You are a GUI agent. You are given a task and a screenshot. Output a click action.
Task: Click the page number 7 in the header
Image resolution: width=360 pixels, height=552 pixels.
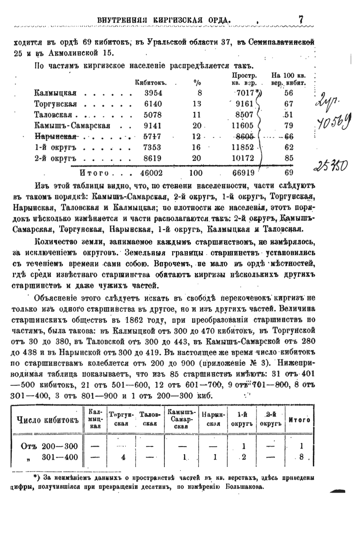point(301,19)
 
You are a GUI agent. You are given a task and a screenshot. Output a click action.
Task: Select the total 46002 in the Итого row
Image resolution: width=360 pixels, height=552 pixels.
point(151,173)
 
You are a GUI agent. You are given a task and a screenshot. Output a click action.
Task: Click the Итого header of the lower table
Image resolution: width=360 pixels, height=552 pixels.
point(299,420)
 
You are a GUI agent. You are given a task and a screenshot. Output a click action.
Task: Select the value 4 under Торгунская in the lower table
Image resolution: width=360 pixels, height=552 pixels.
point(123,457)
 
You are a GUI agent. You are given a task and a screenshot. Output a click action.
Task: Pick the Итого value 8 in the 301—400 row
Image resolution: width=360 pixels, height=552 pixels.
point(301,457)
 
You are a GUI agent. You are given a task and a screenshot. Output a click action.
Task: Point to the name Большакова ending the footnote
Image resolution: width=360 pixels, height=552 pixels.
point(243,487)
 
